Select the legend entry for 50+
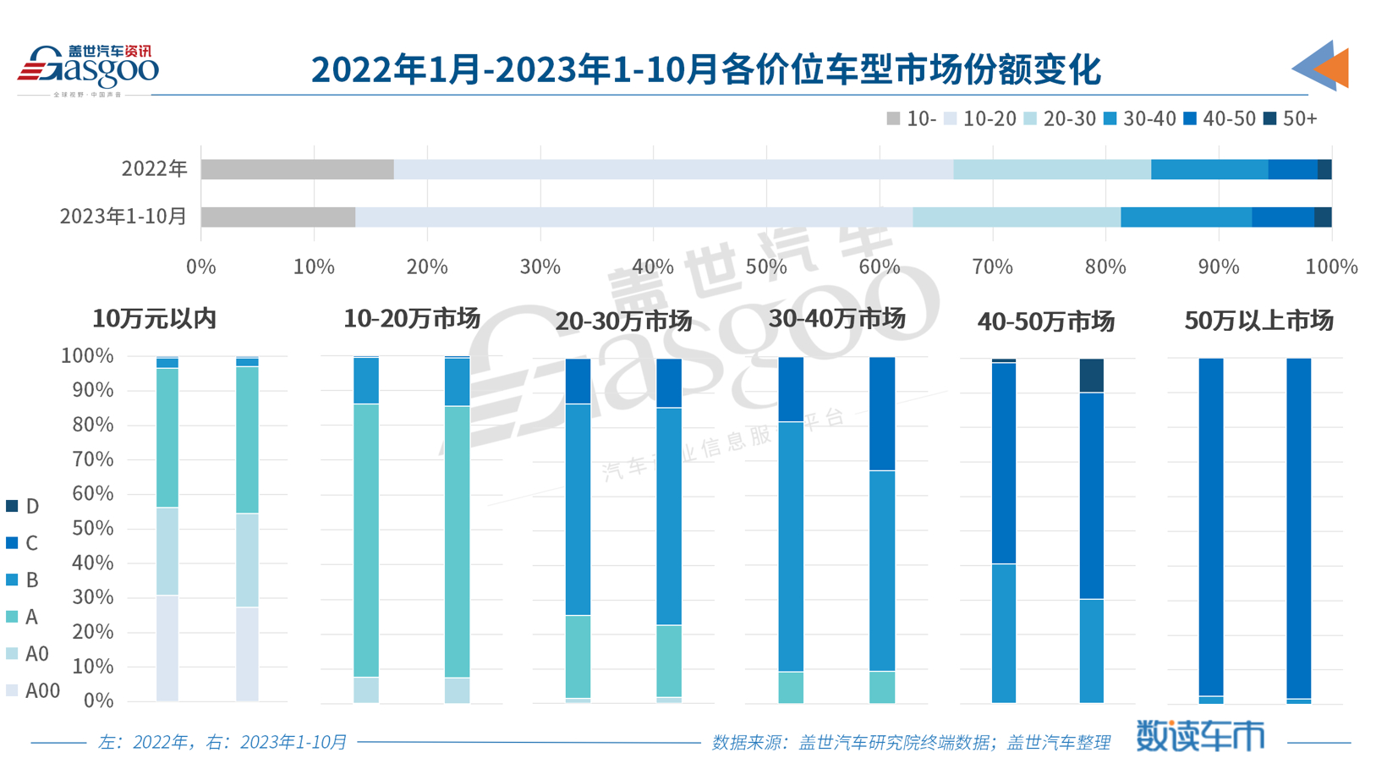point(1291,119)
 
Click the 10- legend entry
point(911,119)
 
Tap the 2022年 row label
point(154,169)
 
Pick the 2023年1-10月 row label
point(123,217)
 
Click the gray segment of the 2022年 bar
point(297,169)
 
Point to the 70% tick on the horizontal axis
point(992,267)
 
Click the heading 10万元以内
point(154,319)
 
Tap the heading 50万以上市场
point(1258,321)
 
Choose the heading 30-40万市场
point(836,319)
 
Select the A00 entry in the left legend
point(33,690)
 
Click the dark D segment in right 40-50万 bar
point(1091,376)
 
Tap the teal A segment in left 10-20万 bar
point(366,541)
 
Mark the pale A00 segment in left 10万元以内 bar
point(167,647)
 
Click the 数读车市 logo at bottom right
point(1200,735)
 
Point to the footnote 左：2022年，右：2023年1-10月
point(222,742)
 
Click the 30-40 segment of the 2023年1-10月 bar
point(1186,217)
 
